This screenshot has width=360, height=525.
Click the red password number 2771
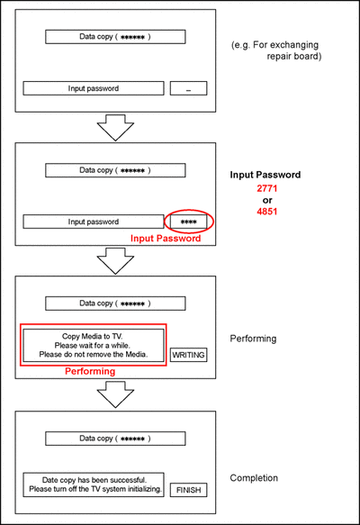(x=267, y=188)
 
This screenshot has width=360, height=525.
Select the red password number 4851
(x=267, y=212)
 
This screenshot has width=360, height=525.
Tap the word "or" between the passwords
(x=267, y=200)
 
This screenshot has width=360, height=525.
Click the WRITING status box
(x=188, y=355)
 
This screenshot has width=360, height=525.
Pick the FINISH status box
(x=188, y=490)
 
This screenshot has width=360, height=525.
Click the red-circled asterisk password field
(x=188, y=222)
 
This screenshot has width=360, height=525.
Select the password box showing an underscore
(x=188, y=88)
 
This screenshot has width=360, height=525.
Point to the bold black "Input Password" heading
(x=265, y=175)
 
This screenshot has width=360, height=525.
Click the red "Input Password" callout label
(x=166, y=239)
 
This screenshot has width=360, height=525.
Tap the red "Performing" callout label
(x=90, y=371)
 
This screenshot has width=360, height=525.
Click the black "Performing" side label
(x=253, y=339)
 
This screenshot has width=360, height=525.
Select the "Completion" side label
(x=254, y=478)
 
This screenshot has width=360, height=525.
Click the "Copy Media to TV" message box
(x=94, y=345)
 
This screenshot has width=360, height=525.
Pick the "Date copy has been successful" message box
(x=94, y=484)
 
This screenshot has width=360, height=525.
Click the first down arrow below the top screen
(x=115, y=128)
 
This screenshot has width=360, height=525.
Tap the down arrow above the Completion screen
(x=115, y=394)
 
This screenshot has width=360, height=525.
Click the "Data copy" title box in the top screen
(x=115, y=37)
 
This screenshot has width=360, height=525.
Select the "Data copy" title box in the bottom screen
(x=115, y=439)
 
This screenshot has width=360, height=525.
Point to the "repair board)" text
(x=294, y=56)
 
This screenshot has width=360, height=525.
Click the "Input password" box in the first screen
(x=94, y=88)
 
